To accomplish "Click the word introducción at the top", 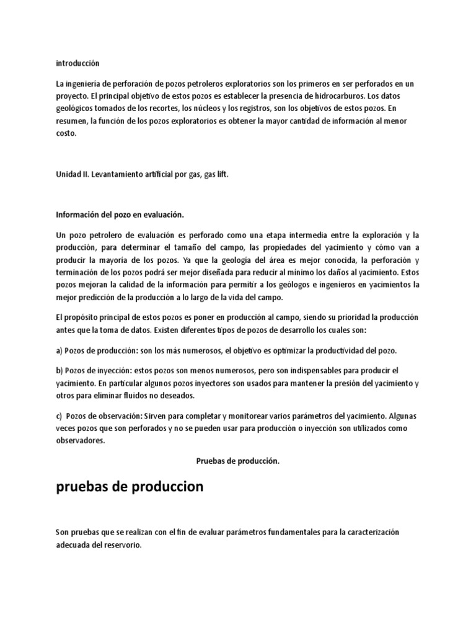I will [77, 63].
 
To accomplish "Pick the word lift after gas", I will [221, 175].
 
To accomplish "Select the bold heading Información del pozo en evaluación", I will [120, 214].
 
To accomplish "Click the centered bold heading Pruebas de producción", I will [237, 461].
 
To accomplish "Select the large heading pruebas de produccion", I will [130, 487].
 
